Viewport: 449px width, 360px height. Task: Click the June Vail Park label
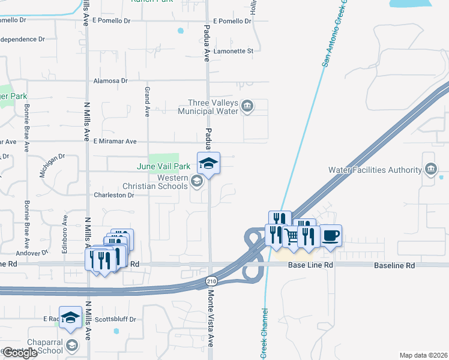[x=163, y=166]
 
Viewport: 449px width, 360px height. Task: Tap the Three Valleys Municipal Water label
[x=208, y=107]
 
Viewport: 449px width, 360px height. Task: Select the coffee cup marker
[x=330, y=235]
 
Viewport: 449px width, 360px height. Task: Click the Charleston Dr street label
[x=113, y=195]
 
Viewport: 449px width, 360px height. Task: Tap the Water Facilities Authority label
[x=376, y=170]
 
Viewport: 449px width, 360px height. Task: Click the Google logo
[x=19, y=353]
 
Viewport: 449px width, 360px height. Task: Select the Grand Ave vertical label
[x=147, y=101]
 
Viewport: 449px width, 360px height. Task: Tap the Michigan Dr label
[x=52, y=165]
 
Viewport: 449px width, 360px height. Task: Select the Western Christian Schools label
[x=156, y=182]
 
